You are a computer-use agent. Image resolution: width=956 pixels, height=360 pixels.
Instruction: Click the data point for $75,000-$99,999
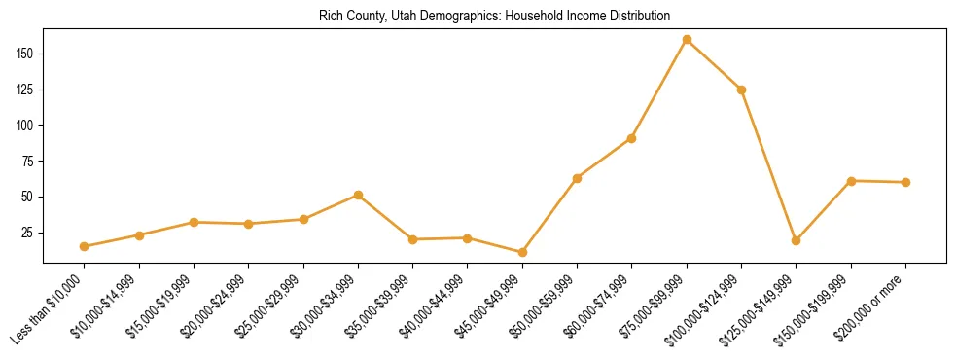(687, 40)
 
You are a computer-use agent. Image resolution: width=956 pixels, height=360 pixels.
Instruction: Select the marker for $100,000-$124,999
(741, 90)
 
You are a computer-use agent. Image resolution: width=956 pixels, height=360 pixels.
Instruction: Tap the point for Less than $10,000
(85, 246)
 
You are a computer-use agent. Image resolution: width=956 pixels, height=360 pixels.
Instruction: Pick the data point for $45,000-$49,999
(522, 252)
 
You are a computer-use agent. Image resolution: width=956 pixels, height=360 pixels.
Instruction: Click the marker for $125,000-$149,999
(796, 240)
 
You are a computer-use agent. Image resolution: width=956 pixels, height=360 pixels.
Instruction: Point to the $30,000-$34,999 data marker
(358, 195)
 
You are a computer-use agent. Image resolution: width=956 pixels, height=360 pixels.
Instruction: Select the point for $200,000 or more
(905, 182)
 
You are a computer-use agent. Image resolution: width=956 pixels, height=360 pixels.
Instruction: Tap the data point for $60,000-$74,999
(632, 138)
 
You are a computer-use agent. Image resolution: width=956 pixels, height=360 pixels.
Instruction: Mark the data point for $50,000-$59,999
(577, 178)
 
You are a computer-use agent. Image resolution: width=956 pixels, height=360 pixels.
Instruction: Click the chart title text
(494, 17)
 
